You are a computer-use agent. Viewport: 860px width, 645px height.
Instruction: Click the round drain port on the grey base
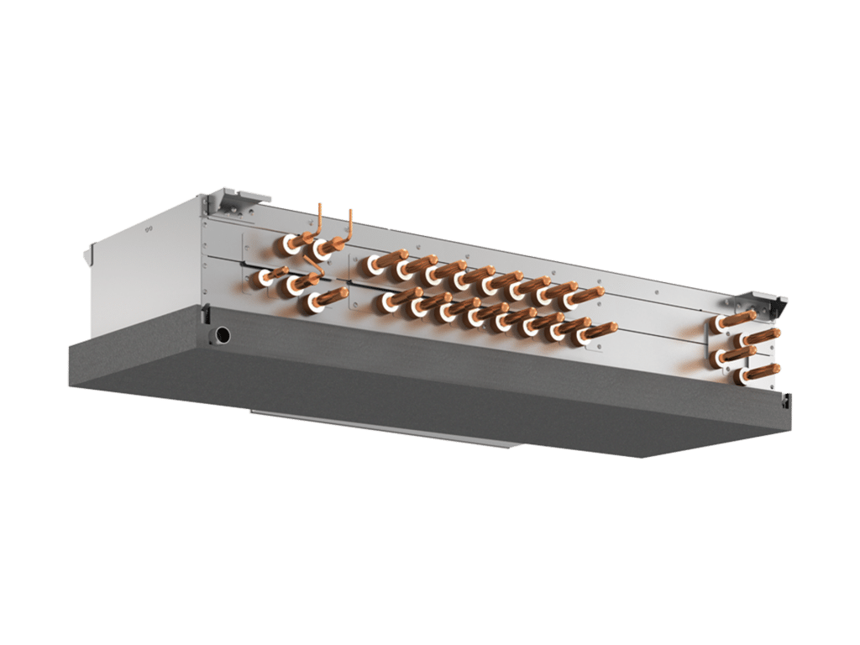click(223, 335)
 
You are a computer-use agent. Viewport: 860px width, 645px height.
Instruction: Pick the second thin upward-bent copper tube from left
click(349, 225)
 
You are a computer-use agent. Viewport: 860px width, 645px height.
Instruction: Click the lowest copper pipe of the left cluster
click(328, 298)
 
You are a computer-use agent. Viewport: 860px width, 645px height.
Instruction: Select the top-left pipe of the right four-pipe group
click(731, 321)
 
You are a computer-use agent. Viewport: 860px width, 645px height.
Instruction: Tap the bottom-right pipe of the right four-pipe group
click(761, 370)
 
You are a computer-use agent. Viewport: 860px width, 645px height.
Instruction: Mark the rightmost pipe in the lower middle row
click(595, 335)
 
